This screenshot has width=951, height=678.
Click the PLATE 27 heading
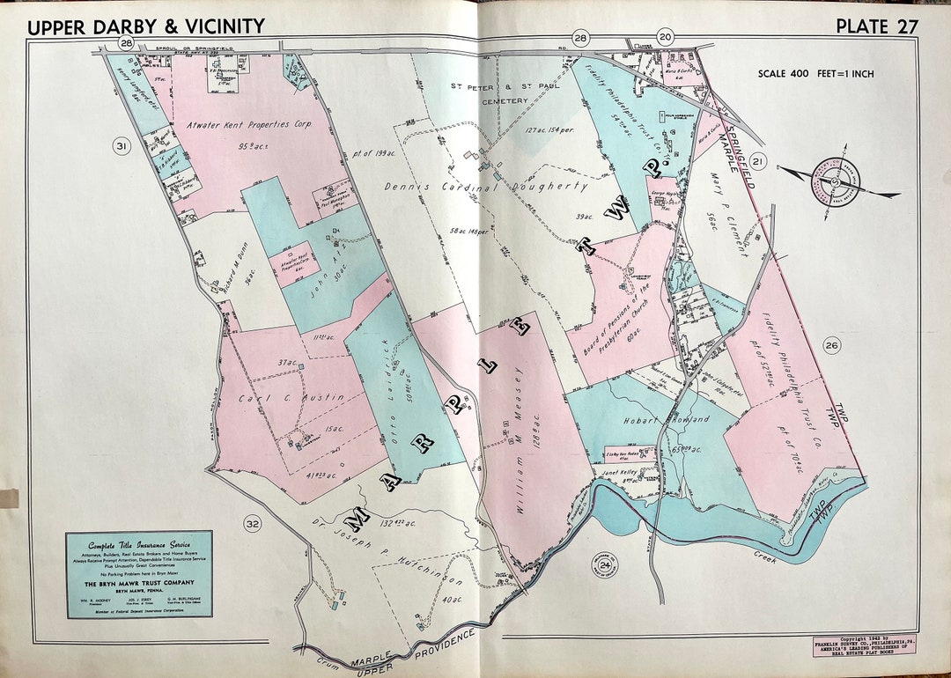pyautogui.click(x=876, y=26)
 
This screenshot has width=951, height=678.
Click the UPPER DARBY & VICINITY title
pyautogui.click(x=145, y=26)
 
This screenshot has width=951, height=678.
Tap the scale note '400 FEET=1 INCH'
pyautogui.click(x=815, y=74)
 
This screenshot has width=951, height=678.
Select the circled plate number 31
pyautogui.click(x=122, y=147)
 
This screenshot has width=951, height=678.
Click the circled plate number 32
pyautogui.click(x=253, y=526)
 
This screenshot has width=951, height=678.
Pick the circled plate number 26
pyautogui.click(x=832, y=344)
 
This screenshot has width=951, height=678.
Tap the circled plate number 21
pyautogui.click(x=760, y=161)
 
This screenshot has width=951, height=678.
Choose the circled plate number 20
pyautogui.click(x=665, y=37)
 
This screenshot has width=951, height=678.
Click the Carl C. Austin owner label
pyautogui.click(x=291, y=399)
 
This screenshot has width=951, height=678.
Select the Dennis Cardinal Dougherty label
pyautogui.click(x=485, y=187)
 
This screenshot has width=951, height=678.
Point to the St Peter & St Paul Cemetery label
pyautogui.click(x=490, y=93)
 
